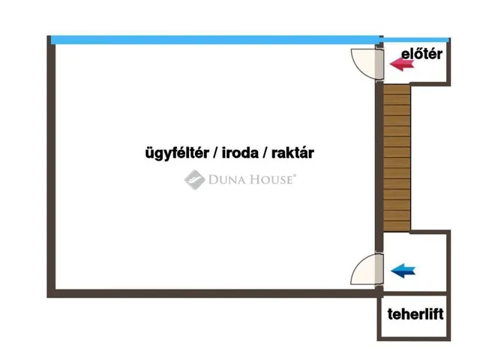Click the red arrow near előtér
coord(403,64)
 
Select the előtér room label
coord(421,54)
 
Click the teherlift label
coord(415,313)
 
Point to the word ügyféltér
coord(175,153)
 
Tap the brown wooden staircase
coord(397,157)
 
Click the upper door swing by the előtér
coord(367,64)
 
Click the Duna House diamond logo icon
coord(195,179)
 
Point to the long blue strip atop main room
coord(214,40)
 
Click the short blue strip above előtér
coord(415,39)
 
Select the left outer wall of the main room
coord(52,165)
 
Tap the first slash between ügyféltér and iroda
coord(214,153)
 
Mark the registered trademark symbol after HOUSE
coord(295,176)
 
